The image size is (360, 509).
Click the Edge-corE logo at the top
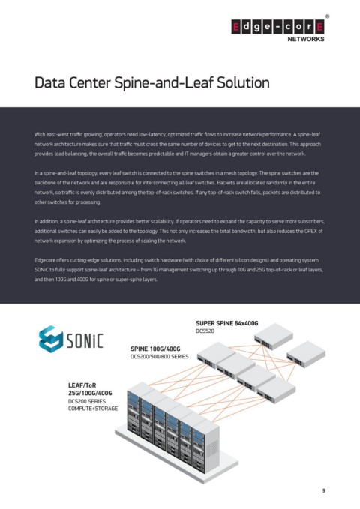277,27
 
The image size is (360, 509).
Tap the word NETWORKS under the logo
306,39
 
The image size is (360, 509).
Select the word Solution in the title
243,82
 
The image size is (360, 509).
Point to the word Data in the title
49,82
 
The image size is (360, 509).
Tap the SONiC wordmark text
85,340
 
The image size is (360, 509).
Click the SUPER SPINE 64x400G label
227,323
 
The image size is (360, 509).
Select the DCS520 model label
205,331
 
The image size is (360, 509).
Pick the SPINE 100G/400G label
155,349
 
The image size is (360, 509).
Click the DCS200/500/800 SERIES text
159,357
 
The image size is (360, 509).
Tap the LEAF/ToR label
82,385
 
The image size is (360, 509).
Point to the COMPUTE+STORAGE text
93,409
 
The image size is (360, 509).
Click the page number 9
323,490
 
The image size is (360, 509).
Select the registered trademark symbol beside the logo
327,16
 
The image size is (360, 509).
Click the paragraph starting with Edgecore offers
178,270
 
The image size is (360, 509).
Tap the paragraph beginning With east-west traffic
178,144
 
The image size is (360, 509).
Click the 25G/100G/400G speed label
90,393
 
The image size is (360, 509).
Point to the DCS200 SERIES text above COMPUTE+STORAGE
87,401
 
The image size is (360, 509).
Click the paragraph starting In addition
180,231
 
